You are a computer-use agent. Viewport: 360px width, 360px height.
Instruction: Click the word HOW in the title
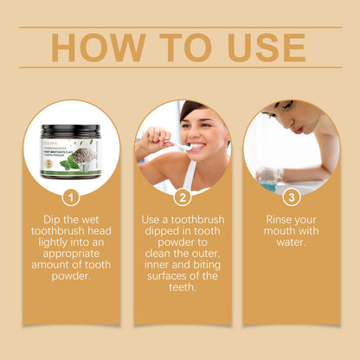click(93, 48)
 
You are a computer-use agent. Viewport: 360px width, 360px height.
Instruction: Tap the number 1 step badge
click(72, 197)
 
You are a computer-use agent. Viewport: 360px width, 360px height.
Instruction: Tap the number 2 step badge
click(183, 197)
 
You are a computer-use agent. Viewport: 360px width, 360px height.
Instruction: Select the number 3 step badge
click(292, 197)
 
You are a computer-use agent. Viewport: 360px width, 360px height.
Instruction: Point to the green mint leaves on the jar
click(69, 162)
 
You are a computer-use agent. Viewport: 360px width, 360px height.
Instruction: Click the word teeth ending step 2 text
click(183, 289)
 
